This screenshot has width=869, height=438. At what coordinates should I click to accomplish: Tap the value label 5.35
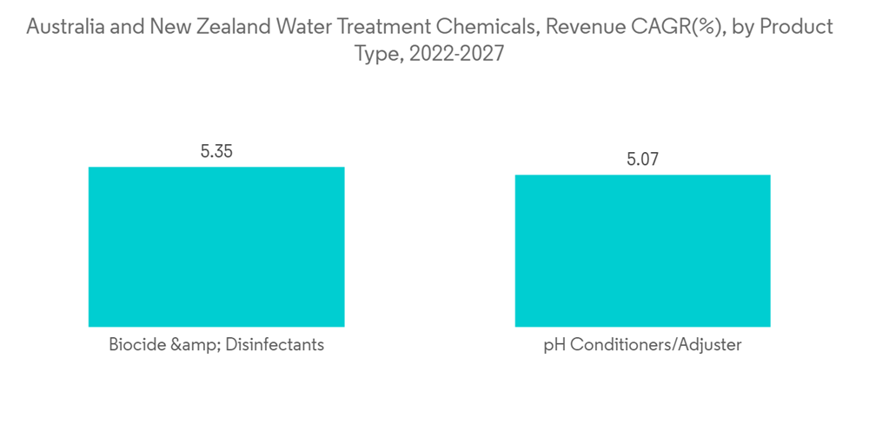[x=216, y=151]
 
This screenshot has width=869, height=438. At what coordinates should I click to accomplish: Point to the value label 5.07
[x=642, y=159]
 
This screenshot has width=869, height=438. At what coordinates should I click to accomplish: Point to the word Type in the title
[x=374, y=54]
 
